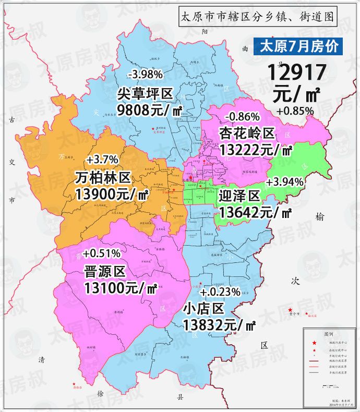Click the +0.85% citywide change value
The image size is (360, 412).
(x=295, y=111)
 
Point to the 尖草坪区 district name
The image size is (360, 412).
(x=145, y=94)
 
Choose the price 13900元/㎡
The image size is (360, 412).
(x=112, y=195)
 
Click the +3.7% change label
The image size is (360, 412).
(x=102, y=159)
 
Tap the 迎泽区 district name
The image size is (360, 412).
(x=239, y=196)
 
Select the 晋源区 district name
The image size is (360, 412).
(x=105, y=271)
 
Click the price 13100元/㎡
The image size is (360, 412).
(x=121, y=287)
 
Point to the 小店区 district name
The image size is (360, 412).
(x=203, y=308)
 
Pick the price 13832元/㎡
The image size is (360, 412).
(x=219, y=325)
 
